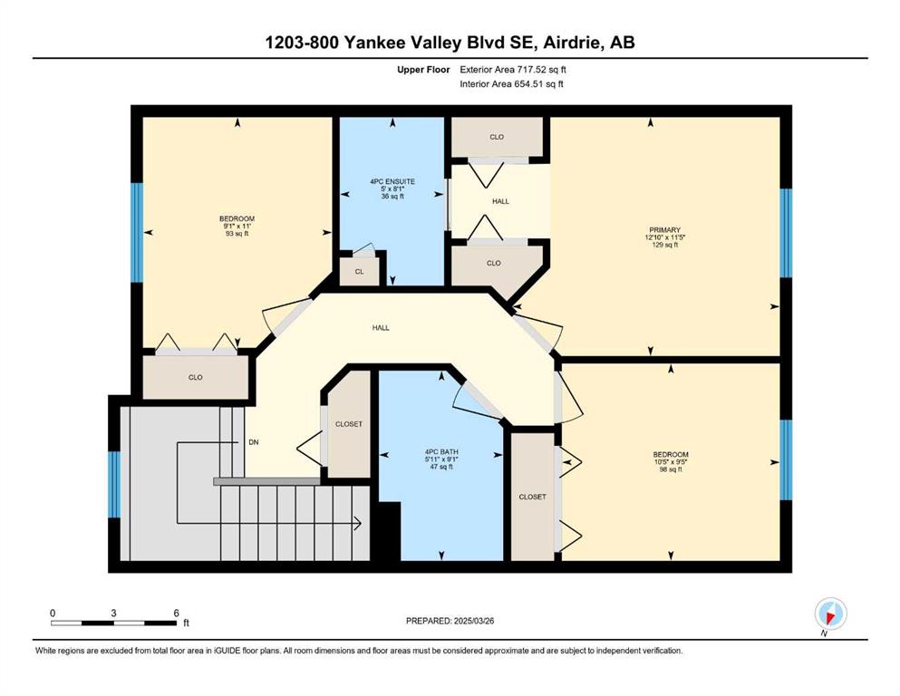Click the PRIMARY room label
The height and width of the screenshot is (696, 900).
664,229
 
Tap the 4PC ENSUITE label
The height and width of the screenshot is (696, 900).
392,181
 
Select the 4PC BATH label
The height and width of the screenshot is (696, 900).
441,451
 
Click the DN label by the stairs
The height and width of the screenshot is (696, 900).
254,442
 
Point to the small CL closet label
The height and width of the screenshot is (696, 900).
359,271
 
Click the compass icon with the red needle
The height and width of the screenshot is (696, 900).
830,614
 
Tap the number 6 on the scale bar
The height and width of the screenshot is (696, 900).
176,613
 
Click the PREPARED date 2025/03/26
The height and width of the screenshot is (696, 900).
473,621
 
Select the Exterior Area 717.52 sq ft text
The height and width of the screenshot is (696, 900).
513,70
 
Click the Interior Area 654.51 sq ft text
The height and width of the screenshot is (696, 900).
511,83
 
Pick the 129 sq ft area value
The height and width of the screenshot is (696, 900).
664,245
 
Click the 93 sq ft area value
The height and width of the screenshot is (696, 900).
237,234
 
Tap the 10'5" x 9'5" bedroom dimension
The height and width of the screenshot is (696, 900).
671,462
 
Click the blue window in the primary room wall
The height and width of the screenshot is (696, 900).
786,233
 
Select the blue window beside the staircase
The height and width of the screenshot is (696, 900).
114,484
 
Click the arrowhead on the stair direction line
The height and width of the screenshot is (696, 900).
357,523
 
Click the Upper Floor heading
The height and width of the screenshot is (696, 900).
423,70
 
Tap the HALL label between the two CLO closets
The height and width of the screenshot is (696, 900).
500,201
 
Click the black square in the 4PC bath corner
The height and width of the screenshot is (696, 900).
389,531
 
